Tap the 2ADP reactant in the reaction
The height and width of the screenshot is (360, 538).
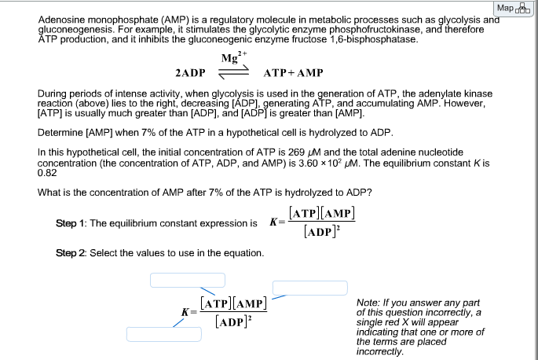(x=190, y=73)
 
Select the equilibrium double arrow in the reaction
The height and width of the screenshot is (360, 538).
(x=233, y=72)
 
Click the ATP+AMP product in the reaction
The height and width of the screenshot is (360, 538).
(x=293, y=73)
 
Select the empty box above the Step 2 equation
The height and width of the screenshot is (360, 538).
(x=188, y=280)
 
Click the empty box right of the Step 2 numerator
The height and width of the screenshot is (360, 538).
(x=309, y=288)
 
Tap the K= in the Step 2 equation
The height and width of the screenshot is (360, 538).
(x=188, y=311)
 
